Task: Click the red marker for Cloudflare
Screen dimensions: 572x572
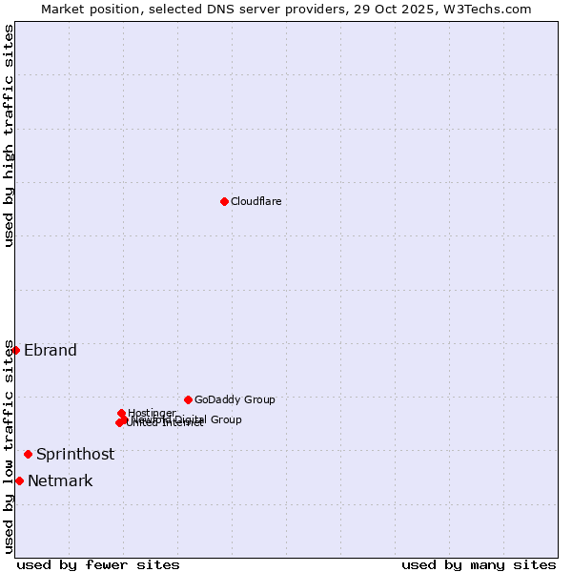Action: [224, 201]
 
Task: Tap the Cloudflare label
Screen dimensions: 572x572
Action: [255, 201]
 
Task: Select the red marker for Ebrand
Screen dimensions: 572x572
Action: [15, 350]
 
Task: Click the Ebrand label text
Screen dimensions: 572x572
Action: [51, 350]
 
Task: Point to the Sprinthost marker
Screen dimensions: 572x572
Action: [28, 454]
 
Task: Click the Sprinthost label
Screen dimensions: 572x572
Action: [75, 454]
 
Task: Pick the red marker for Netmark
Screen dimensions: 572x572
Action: [19, 480]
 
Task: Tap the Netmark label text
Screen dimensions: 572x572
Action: [60, 480]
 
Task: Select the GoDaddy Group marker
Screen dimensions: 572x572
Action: [188, 399]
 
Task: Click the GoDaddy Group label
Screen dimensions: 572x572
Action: [235, 399]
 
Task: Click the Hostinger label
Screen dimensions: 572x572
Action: [152, 413]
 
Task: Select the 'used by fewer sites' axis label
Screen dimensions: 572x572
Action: [98, 564]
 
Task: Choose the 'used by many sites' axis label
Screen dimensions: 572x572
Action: [479, 564]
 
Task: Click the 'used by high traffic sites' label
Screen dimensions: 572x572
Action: [9, 135]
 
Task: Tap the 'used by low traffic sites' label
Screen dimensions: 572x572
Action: [9, 446]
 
